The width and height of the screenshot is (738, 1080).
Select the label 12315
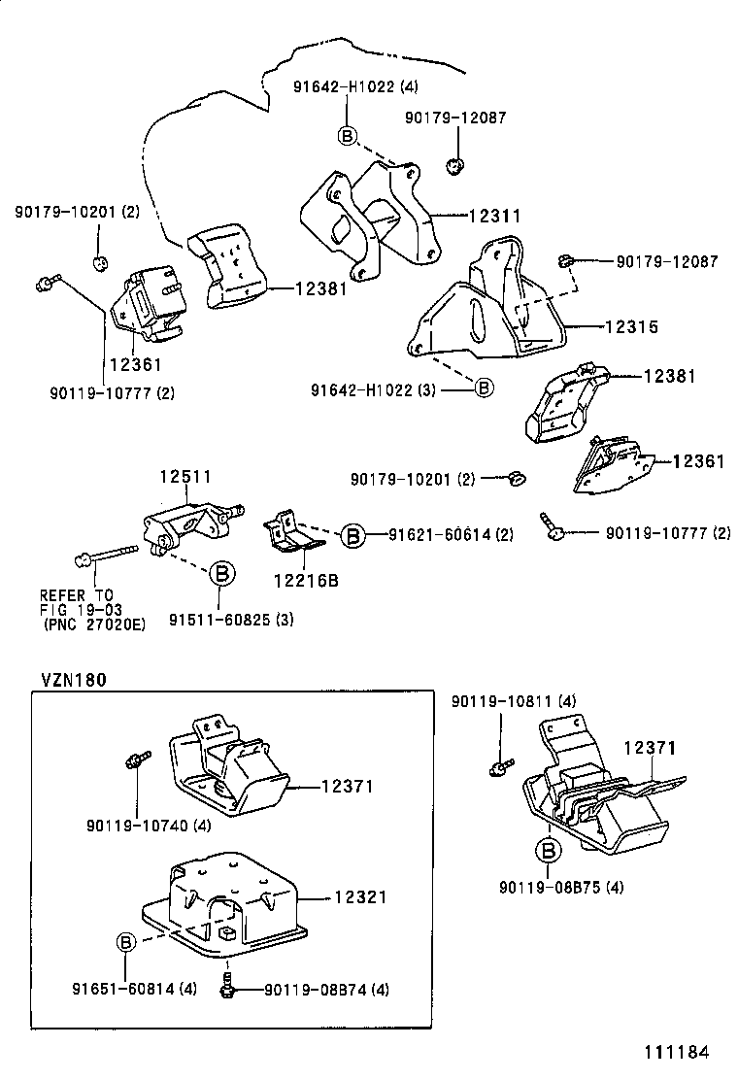click(x=631, y=327)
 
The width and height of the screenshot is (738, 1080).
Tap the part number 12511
click(x=185, y=477)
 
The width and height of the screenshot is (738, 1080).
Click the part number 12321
click(x=360, y=897)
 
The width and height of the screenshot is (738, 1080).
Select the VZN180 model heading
click(x=73, y=680)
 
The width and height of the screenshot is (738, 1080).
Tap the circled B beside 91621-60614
click(x=352, y=534)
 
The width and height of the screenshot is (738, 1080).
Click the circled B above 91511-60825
click(x=220, y=573)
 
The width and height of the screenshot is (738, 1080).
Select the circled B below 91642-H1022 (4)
click(x=348, y=135)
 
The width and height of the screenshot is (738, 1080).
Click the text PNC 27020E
click(x=94, y=624)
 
